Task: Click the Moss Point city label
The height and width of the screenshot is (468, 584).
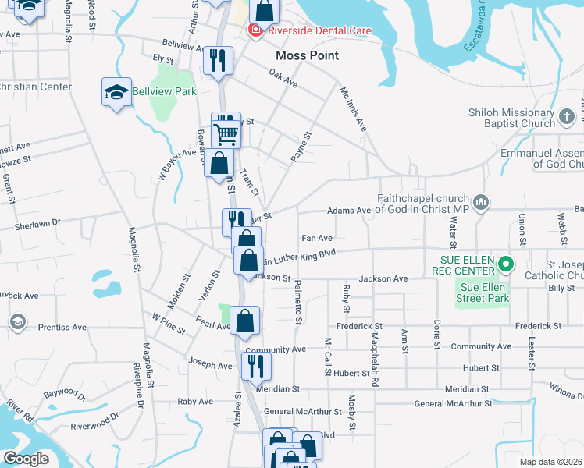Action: click(x=308, y=55)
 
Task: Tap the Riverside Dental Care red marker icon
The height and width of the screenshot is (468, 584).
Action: click(x=255, y=30)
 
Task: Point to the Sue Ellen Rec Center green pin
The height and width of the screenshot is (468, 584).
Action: click(x=505, y=264)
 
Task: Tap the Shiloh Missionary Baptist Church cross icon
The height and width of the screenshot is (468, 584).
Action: click(x=567, y=118)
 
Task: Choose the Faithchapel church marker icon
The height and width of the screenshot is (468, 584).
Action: click(x=481, y=203)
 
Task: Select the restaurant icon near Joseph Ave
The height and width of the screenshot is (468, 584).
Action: click(x=255, y=364)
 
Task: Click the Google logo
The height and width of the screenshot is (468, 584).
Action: click(x=26, y=458)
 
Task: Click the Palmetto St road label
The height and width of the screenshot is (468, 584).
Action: click(x=298, y=305)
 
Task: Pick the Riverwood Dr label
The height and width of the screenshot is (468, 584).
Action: click(x=94, y=427)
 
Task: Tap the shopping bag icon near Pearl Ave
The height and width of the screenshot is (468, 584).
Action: click(x=244, y=320)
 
